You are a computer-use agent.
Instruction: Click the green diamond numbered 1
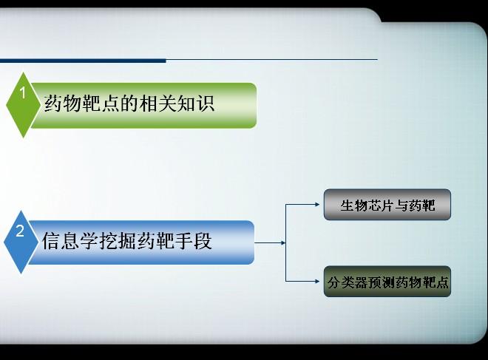tap(23, 105)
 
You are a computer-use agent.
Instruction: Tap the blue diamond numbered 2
tap(21, 242)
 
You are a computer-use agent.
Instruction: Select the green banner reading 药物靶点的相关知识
tap(143, 105)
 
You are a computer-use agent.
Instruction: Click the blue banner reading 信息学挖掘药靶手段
tap(142, 242)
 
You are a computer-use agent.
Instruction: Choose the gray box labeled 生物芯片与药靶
tap(387, 205)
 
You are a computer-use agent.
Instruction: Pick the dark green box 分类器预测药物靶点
tap(387, 282)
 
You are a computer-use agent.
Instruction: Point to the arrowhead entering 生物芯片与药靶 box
tap(317, 205)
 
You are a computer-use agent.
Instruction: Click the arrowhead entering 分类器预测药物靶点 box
tap(317, 282)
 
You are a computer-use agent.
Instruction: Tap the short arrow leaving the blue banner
tap(270, 242)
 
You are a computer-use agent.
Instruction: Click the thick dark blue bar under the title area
tap(83, 61)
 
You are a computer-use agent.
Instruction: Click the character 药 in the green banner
tap(53, 103)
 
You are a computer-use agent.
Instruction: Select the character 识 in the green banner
tap(205, 103)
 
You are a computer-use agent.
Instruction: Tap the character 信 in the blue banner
tap(51, 240)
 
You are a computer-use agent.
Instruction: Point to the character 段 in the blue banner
tap(203, 240)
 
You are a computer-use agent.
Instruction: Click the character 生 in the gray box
tap(347, 206)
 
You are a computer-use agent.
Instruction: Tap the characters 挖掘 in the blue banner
tap(118, 240)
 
